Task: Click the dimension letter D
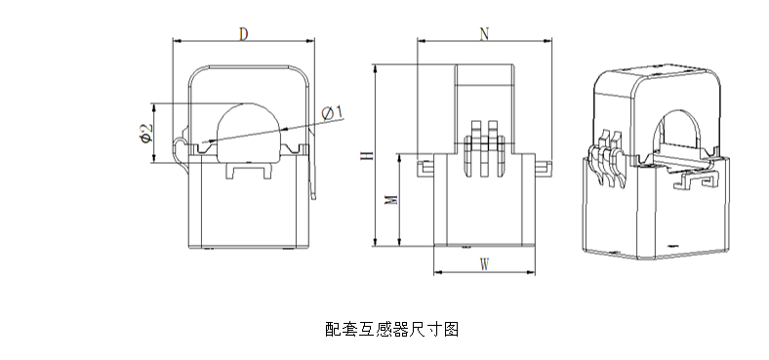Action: click(x=243, y=34)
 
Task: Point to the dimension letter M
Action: click(x=389, y=201)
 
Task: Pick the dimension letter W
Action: click(x=484, y=264)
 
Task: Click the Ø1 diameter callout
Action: click(x=330, y=114)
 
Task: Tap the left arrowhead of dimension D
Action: click(x=177, y=40)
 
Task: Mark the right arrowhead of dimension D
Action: click(x=313, y=40)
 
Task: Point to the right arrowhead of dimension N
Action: click(x=547, y=40)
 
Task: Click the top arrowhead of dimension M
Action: click(x=400, y=156)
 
